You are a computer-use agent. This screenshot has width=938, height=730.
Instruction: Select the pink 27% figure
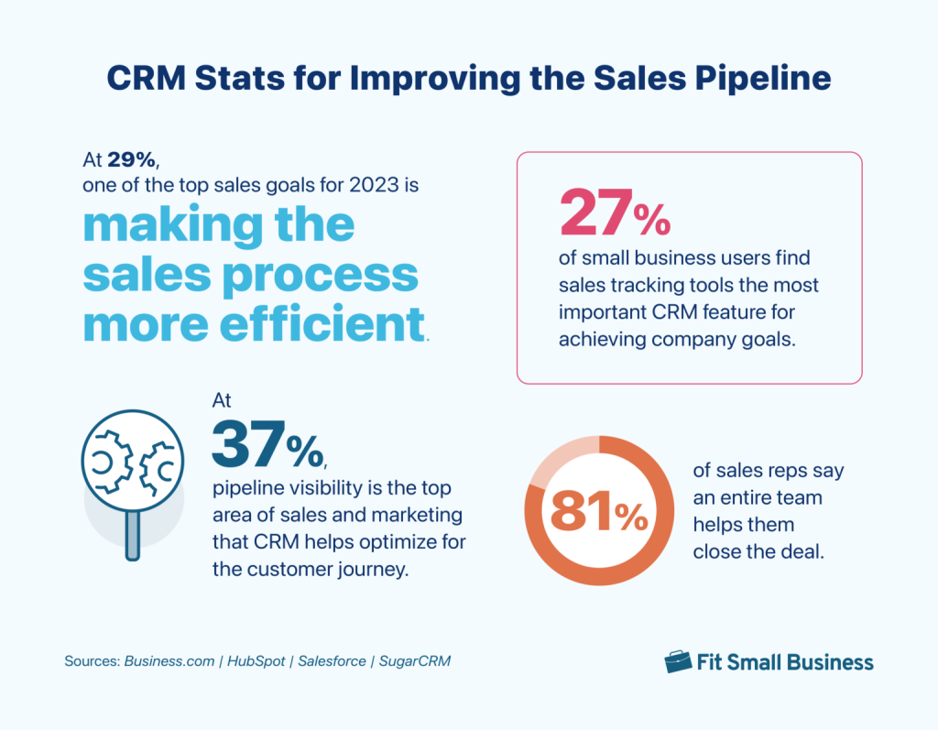point(614,215)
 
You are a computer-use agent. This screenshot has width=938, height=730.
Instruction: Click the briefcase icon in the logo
point(678,661)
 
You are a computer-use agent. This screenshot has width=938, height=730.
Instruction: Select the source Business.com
point(169,661)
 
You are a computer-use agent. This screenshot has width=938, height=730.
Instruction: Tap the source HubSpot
point(254,661)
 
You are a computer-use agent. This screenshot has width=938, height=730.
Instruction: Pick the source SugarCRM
point(415,661)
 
